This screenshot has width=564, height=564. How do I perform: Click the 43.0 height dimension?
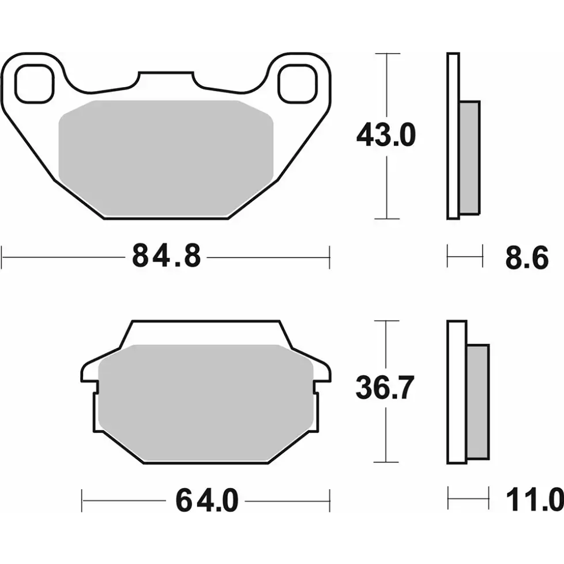(386, 136)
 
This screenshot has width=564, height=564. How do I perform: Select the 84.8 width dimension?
(166, 257)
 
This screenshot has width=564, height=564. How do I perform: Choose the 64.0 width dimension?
(207, 501)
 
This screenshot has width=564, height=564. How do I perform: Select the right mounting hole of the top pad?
(297, 84)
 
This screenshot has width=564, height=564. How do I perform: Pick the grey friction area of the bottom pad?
(205, 396)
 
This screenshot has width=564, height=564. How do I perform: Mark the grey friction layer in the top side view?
(470, 158)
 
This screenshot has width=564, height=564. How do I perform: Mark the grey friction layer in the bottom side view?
(477, 401)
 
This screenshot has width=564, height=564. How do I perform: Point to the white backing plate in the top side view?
(453, 136)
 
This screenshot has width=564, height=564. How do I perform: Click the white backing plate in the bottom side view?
(456, 391)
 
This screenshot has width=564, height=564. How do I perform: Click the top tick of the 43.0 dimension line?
(386, 53)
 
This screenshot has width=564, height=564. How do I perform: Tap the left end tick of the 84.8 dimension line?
(3, 257)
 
